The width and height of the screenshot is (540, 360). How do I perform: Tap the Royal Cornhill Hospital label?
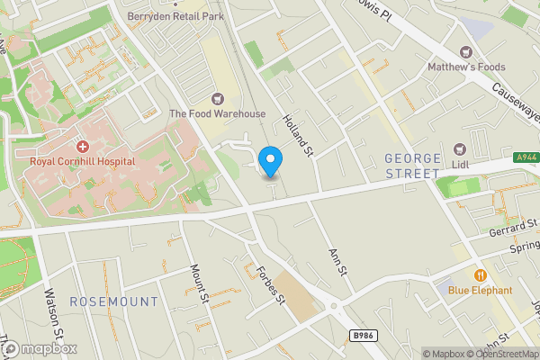82,161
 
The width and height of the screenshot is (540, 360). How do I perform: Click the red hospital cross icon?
82,146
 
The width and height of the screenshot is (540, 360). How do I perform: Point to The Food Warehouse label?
218,113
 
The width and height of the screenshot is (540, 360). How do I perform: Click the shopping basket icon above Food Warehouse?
217,98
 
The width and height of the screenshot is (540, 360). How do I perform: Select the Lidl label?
461,165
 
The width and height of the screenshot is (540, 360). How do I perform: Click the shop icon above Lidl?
461,148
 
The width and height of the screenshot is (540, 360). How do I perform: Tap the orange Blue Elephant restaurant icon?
481,274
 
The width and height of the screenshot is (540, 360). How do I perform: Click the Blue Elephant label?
481,290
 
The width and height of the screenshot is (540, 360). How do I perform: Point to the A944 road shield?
527,157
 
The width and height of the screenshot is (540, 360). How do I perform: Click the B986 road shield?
362,335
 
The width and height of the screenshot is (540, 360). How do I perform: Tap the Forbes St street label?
271,283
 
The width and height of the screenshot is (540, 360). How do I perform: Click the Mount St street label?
200,282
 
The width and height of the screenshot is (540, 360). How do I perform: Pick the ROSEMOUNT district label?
114,301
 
